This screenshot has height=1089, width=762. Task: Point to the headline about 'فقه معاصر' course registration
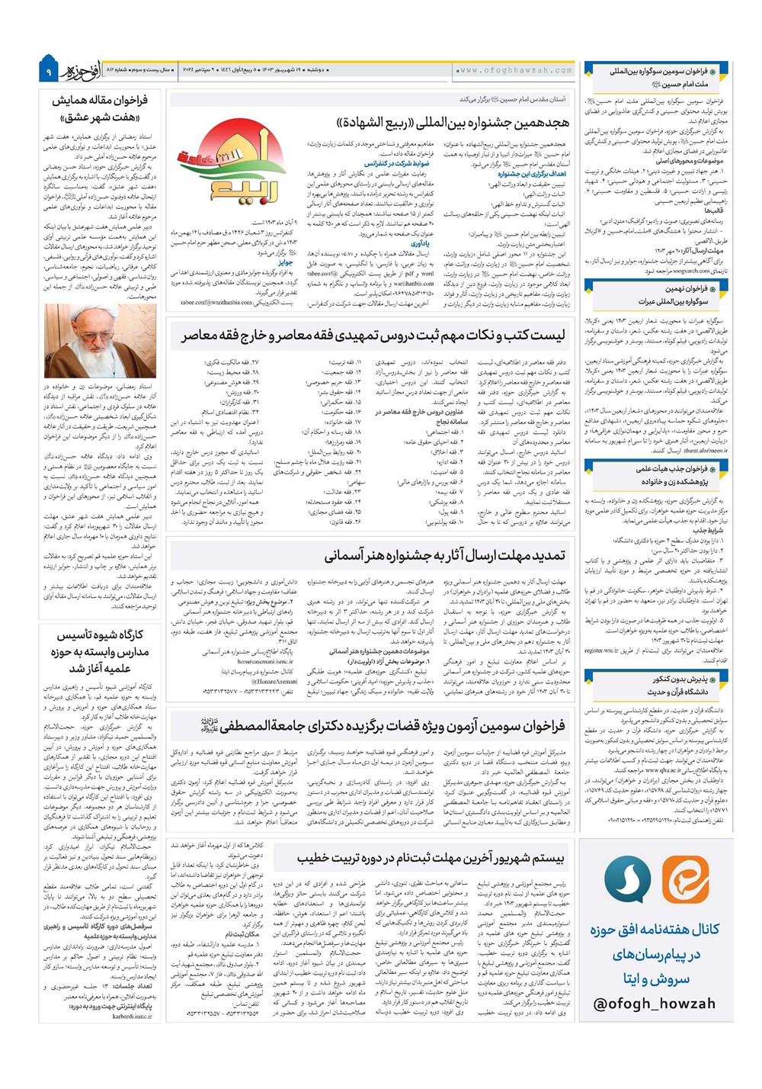373,336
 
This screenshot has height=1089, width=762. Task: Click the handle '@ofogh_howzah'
655,1004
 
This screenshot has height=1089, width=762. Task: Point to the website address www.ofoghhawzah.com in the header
514,70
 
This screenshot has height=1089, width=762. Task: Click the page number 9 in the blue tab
47,72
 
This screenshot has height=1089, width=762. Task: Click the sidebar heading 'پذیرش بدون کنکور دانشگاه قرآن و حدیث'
656,685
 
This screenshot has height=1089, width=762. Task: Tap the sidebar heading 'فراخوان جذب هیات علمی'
656,475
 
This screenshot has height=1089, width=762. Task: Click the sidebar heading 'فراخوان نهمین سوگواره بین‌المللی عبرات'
656,294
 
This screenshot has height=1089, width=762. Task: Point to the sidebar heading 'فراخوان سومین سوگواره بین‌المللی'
656,77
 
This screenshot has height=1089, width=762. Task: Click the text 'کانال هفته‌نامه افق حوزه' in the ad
655,929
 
